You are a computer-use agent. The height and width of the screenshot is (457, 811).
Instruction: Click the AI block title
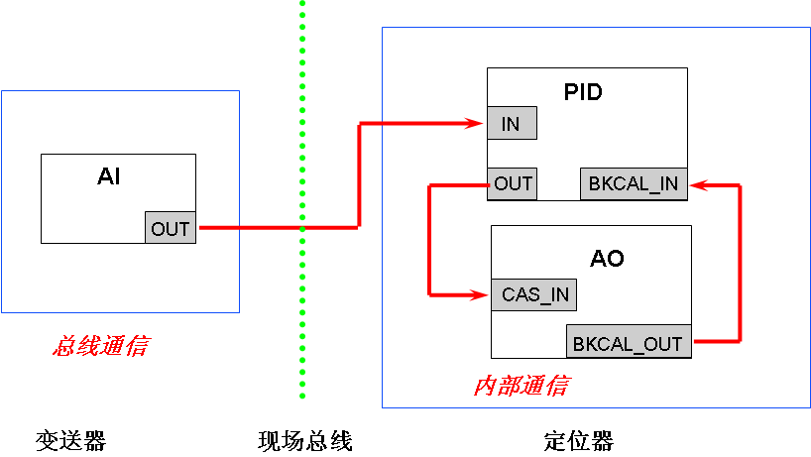coord(108,177)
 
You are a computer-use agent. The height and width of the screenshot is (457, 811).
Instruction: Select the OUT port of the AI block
coord(170,228)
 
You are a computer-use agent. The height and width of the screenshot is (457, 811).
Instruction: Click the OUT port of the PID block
coord(513,183)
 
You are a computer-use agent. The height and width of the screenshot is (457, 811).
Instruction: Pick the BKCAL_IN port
coord(634,183)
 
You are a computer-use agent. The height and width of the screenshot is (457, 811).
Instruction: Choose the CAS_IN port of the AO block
coord(533,294)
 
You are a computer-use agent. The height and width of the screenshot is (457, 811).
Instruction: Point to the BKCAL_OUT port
coord(629,343)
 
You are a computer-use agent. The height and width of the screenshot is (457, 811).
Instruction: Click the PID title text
coord(583,92)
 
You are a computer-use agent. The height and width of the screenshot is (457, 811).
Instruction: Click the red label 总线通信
coord(100,347)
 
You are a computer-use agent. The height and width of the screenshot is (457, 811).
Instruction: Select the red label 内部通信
coord(520,386)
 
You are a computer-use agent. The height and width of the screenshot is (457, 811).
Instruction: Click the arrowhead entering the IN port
coord(476,123)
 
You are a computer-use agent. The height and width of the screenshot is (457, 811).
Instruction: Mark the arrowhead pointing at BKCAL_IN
coord(698,183)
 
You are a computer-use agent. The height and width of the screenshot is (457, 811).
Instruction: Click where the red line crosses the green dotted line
coord(302,228)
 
